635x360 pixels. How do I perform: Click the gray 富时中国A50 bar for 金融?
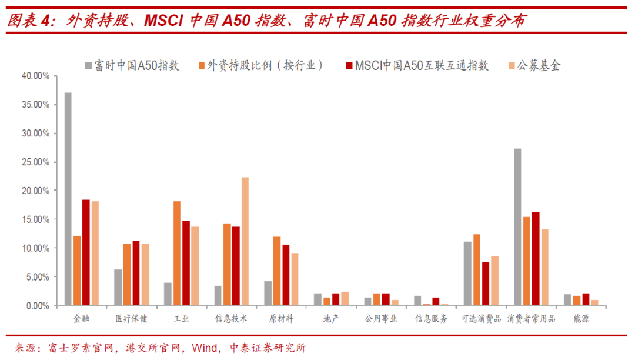(x=68, y=199)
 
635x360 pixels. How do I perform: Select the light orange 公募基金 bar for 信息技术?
(x=245, y=241)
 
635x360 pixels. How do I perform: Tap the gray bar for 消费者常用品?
(x=517, y=227)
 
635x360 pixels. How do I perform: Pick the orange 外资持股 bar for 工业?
(x=177, y=253)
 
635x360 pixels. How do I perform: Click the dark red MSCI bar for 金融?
(x=86, y=252)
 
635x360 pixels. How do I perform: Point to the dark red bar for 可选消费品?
(x=486, y=284)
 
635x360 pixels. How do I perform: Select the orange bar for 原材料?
(x=276, y=271)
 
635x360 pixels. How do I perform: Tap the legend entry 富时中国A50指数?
(x=132, y=66)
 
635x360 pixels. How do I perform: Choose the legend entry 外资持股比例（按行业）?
(x=261, y=66)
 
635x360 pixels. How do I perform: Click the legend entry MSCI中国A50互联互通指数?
(x=417, y=66)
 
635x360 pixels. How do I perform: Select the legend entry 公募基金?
(x=534, y=66)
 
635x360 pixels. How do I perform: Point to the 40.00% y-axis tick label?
(x=36, y=76)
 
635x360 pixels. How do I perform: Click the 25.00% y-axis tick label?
(x=36, y=162)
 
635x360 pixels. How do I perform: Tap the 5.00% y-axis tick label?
(x=38, y=277)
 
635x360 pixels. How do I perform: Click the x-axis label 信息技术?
(x=231, y=319)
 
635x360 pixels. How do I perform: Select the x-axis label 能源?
(x=581, y=319)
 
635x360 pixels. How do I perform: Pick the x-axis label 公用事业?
(x=381, y=319)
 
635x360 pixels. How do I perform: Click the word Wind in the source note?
(x=205, y=348)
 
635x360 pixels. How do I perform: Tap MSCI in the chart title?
(x=163, y=20)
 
